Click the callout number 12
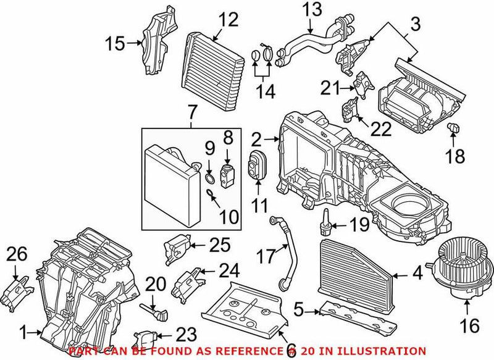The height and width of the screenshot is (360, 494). pos(227,20)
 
